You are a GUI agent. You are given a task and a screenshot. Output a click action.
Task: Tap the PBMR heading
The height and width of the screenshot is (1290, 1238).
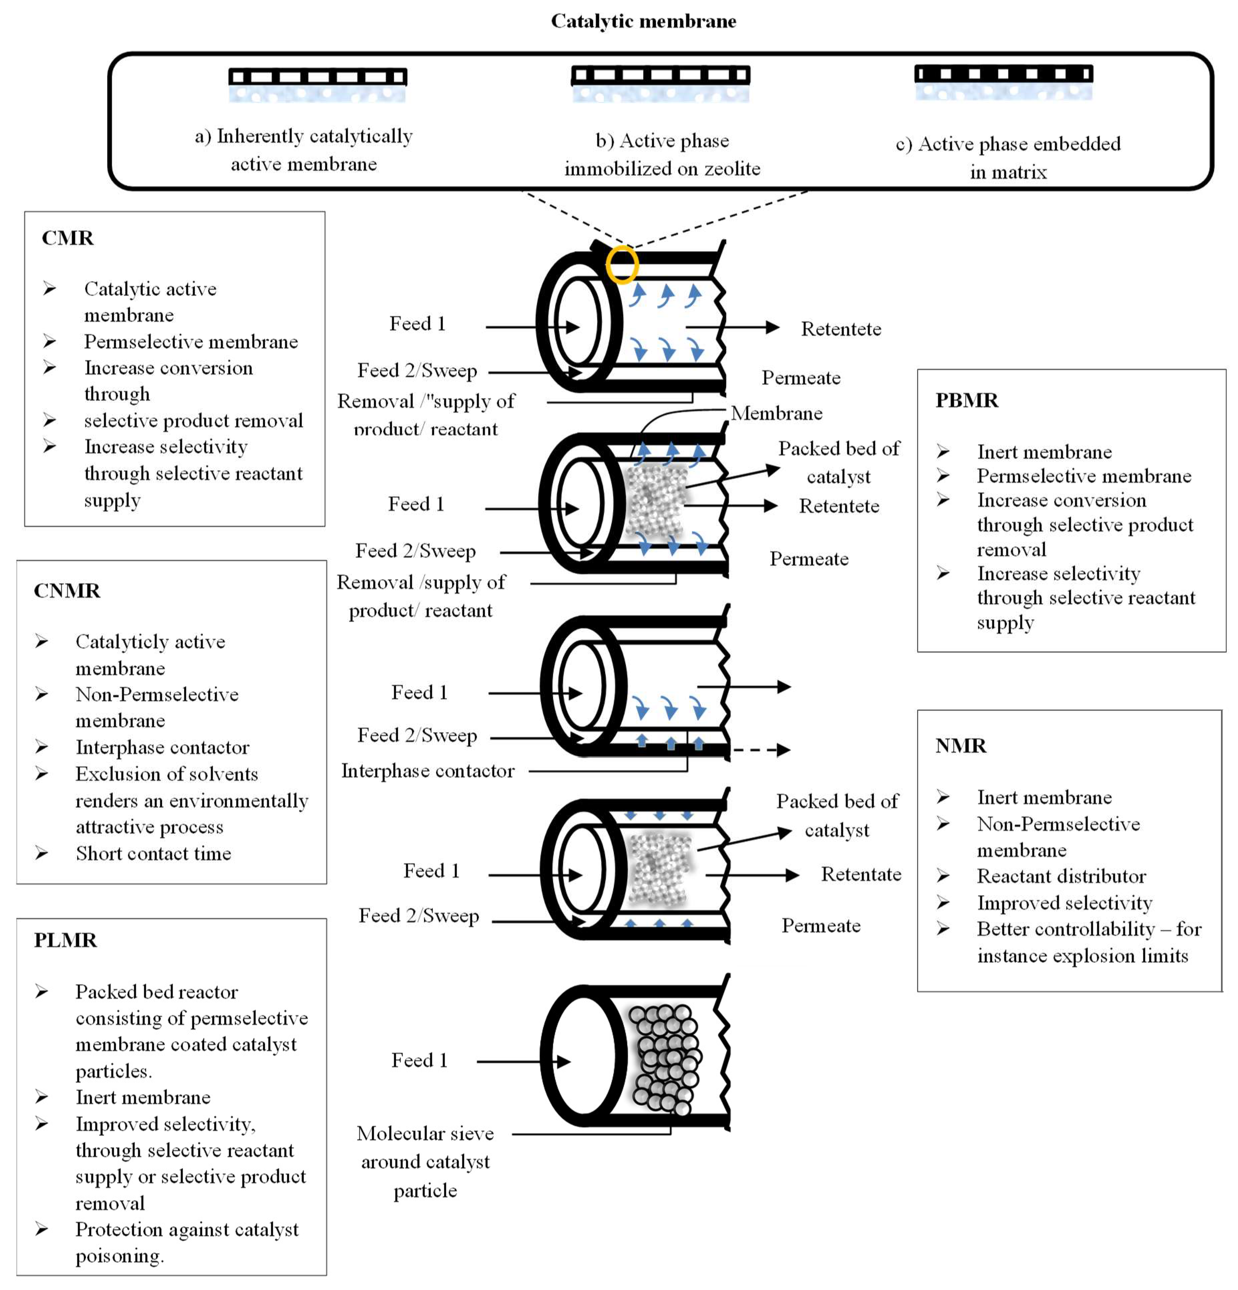pyautogui.click(x=966, y=400)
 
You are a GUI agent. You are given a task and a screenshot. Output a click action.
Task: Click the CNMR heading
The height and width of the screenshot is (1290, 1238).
pyautogui.click(x=67, y=590)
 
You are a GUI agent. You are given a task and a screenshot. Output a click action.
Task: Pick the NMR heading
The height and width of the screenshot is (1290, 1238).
pyautogui.click(x=960, y=746)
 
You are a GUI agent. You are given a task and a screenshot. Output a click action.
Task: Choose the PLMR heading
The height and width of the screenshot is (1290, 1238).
pyautogui.click(x=65, y=940)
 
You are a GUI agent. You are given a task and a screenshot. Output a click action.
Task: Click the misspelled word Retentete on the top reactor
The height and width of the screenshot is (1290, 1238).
pyautogui.click(x=841, y=329)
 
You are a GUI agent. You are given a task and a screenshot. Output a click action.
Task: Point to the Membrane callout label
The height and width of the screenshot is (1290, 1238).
pyautogui.click(x=776, y=413)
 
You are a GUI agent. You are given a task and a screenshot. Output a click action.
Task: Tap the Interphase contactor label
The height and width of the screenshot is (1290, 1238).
pyautogui.click(x=428, y=771)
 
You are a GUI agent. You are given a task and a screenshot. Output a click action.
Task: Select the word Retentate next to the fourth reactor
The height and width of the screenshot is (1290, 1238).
pyautogui.click(x=860, y=874)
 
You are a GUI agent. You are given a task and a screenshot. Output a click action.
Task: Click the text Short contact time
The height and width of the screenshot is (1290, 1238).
pyautogui.click(x=153, y=854)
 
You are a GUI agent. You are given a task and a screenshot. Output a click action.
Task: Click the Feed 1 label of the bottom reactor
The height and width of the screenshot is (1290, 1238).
pyautogui.click(x=419, y=1060)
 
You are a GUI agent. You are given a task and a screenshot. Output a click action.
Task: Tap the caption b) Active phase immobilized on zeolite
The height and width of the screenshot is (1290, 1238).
pyautogui.click(x=662, y=155)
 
